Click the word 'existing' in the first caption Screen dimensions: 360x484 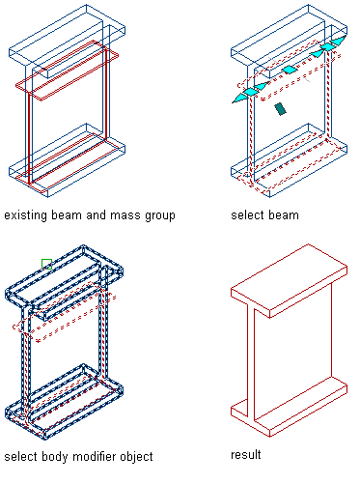tap(26, 215)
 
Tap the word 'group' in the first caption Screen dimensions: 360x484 tap(160, 216)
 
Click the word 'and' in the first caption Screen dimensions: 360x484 tap(97, 214)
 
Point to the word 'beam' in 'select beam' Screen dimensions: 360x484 tap(283, 214)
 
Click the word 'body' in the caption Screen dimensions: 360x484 tap(55, 457)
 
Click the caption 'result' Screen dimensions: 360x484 tap(246, 455)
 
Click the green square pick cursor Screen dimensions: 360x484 tap(46, 264)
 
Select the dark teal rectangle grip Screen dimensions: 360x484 tap(281, 109)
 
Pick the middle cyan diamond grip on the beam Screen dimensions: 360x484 tap(290, 70)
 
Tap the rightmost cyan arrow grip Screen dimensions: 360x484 tap(339, 41)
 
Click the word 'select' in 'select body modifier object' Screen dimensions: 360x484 tap(21, 456)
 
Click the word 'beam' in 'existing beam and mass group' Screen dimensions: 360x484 tap(67, 214)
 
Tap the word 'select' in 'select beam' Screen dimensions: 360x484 tap(247, 214)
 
